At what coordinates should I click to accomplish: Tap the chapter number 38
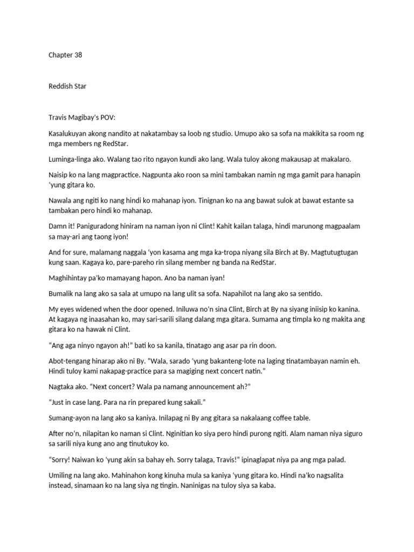[79, 55]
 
